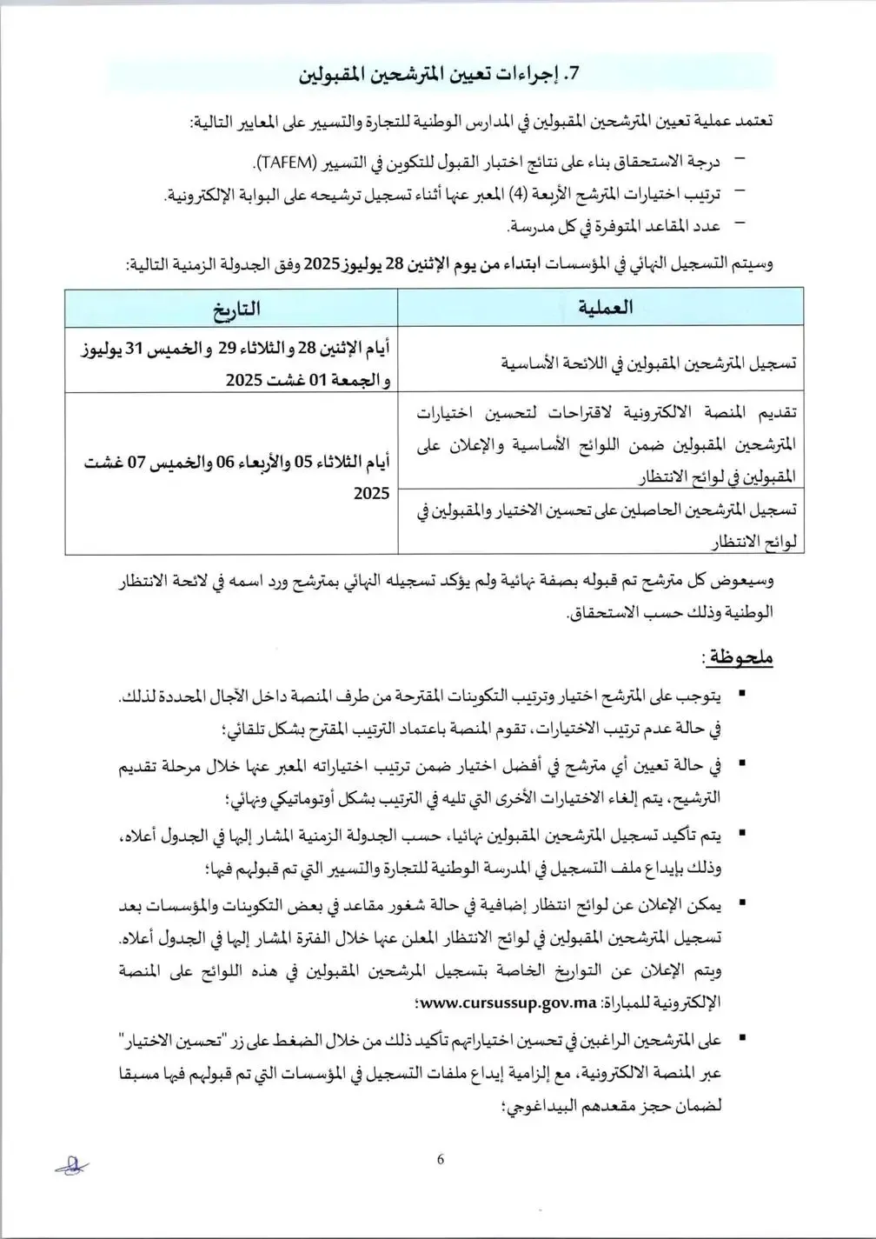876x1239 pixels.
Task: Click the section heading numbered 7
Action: [438, 75]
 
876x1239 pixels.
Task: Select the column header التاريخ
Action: [231, 308]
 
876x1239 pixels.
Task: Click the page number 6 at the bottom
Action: [441, 1159]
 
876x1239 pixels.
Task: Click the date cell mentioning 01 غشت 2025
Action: [231, 362]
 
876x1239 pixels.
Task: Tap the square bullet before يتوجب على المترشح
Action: [740, 695]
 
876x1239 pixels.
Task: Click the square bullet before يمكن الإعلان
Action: [740, 905]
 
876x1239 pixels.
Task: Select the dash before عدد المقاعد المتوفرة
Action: [740, 224]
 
